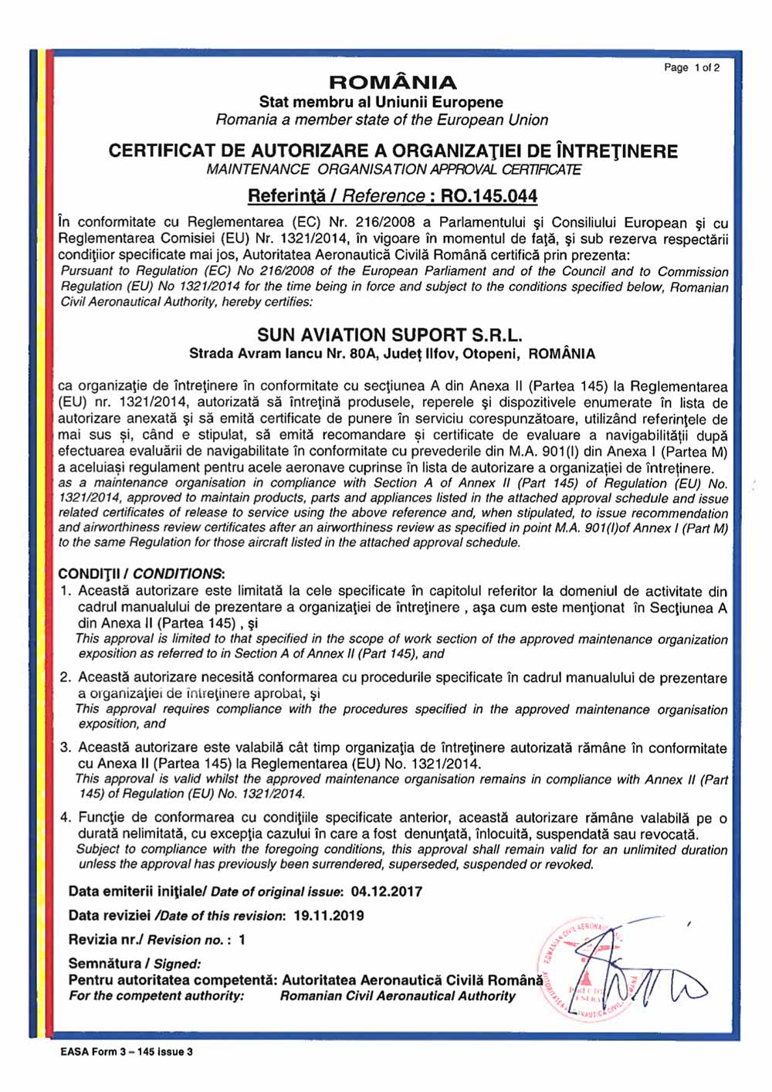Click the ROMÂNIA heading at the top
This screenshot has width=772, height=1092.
[x=392, y=83]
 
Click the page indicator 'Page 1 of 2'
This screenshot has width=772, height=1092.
[x=692, y=68]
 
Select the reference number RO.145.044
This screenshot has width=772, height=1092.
[x=489, y=196]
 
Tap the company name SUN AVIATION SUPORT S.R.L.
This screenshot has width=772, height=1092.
[x=390, y=335]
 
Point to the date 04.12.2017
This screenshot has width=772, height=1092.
[x=387, y=892]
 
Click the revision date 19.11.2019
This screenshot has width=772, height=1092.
[x=328, y=916]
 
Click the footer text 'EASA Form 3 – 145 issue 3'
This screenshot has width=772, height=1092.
[x=127, y=1052]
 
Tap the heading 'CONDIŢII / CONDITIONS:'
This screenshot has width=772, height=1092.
[x=141, y=574]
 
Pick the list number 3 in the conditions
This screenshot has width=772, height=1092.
[x=66, y=748]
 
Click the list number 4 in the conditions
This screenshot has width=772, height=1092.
[x=66, y=818]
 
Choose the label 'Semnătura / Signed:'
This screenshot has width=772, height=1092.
[x=134, y=964]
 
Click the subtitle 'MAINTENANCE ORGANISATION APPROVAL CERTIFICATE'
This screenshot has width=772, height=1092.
[x=394, y=170]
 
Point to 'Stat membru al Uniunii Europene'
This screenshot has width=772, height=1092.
[x=381, y=102]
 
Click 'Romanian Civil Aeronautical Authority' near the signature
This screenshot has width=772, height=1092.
[x=397, y=996]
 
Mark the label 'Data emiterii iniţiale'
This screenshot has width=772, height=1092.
[x=135, y=892]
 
